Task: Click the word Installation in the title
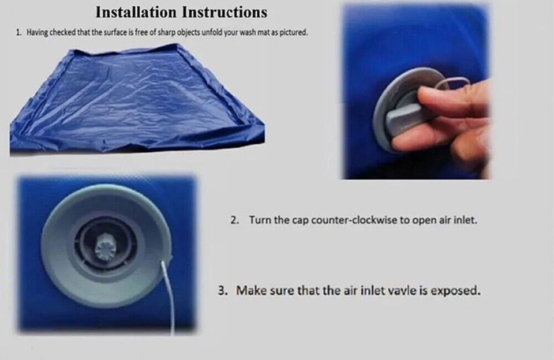point(135,12)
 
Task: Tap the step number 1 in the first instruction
point(18,33)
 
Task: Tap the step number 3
point(222,290)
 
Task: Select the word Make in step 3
point(250,290)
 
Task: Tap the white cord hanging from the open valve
point(169,294)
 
